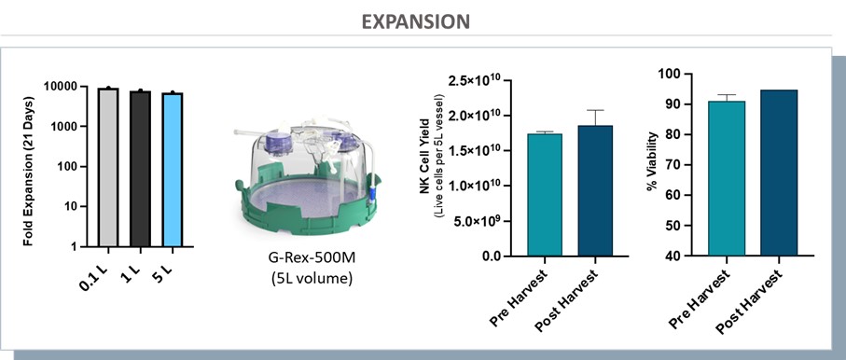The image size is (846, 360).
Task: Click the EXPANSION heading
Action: point(415,21)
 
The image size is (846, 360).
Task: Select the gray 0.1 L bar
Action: point(108,167)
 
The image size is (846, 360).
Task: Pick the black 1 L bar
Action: point(140,169)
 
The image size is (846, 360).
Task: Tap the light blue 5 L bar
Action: point(173,170)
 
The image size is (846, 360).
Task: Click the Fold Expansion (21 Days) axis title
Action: point(29,171)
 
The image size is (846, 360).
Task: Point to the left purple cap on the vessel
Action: point(279,143)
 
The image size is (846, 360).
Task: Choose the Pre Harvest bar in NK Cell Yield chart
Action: point(545,194)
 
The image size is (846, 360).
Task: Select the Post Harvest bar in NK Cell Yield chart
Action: point(595,190)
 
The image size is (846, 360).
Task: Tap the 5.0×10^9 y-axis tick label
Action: point(478,221)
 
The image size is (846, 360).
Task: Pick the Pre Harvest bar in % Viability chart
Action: point(727,178)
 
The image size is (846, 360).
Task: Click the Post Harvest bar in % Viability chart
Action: point(779,173)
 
